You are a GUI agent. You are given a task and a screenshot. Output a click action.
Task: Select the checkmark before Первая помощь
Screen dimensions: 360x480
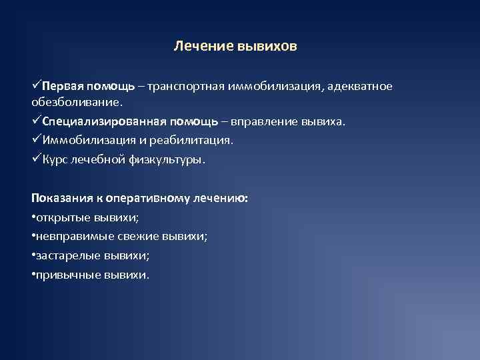pos(36,85)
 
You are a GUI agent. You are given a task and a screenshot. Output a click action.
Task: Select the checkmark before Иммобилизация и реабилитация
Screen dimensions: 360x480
pos(36,140)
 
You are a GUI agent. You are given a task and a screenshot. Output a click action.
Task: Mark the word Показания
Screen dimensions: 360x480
pos(60,198)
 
